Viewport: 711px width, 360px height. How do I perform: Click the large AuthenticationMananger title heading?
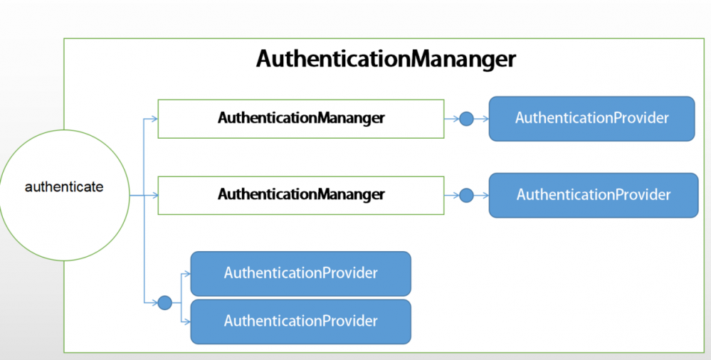click(x=386, y=58)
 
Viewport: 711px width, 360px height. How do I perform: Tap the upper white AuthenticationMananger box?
click(x=300, y=118)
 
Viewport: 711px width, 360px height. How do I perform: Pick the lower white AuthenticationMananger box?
click(x=300, y=194)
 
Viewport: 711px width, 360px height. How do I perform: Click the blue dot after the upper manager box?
click(x=466, y=119)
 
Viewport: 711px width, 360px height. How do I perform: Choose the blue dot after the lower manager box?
click(x=466, y=195)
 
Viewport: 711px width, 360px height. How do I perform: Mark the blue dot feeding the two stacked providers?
click(x=164, y=302)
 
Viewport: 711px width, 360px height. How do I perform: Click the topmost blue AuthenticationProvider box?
click(x=591, y=118)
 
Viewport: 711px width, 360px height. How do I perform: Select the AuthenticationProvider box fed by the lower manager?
click(x=593, y=195)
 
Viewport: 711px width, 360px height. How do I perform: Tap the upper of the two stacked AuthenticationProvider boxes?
click(x=300, y=273)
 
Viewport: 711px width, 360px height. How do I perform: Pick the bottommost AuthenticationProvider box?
click(x=300, y=322)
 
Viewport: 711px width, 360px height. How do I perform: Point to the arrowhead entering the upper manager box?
click(x=154, y=119)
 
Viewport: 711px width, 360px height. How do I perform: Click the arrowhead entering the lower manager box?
click(x=154, y=195)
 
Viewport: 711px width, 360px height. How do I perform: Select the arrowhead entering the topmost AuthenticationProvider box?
click(x=485, y=119)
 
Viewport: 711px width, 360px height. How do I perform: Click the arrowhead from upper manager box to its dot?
click(x=455, y=119)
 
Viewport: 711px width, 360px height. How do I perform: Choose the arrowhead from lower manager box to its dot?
click(x=455, y=195)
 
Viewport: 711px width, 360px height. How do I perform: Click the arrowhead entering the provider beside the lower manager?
click(x=485, y=195)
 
